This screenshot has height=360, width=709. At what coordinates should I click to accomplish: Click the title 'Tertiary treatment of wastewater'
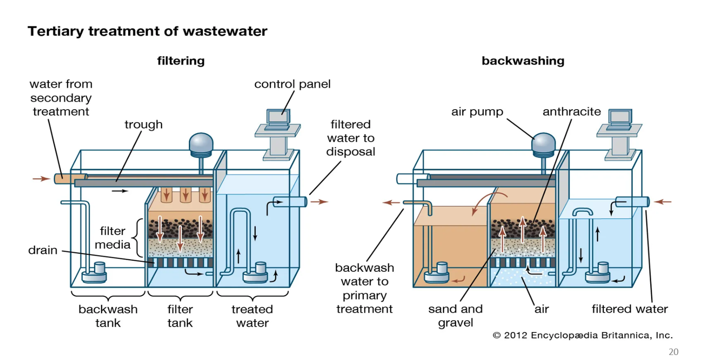(148, 31)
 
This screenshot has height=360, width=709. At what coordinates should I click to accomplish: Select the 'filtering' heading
(180, 61)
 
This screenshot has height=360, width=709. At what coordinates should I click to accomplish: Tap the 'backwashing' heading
(523, 61)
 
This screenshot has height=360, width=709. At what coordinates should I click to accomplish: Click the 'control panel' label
(292, 84)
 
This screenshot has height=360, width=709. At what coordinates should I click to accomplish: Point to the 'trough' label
(144, 124)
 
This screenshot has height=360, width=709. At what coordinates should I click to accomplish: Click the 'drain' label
(43, 250)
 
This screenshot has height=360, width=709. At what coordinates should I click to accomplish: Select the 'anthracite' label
(571, 112)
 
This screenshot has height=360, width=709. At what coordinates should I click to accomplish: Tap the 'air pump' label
(477, 112)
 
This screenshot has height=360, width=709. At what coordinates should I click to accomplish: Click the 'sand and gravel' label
(455, 316)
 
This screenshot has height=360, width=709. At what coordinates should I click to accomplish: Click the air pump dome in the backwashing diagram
(543, 143)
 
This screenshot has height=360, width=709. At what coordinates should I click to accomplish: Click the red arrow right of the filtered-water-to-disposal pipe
(319, 202)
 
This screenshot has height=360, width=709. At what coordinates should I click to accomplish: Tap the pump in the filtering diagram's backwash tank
(94, 273)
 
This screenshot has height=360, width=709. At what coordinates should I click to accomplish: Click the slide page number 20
(673, 352)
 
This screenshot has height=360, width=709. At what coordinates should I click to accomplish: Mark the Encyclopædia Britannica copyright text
(582, 335)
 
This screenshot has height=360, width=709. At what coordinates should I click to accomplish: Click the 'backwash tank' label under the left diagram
(108, 316)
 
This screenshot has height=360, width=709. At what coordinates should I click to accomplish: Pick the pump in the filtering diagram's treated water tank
(256, 273)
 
